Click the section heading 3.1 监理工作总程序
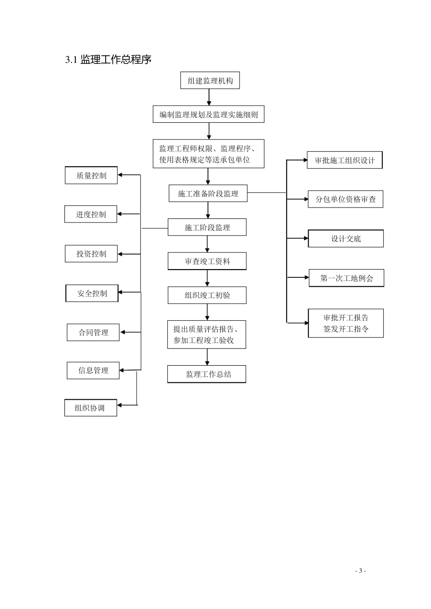click(108, 59)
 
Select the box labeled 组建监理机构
click(210, 81)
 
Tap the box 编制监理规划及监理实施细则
click(208, 115)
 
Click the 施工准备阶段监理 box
click(208, 194)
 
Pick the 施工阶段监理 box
click(207, 227)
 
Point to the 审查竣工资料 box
click(207, 261)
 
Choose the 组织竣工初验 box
click(207, 295)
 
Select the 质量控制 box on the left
click(91, 175)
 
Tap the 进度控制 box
click(91, 214)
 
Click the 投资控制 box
click(91, 254)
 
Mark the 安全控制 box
click(92, 293)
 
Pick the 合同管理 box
click(93, 333)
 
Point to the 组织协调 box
click(91, 408)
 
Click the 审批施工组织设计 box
click(345, 160)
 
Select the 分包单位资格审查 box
click(346, 199)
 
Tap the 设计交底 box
click(346, 239)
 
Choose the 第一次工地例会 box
click(347, 278)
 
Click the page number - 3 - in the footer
click(360, 571)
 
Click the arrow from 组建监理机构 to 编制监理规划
click(209, 97)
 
